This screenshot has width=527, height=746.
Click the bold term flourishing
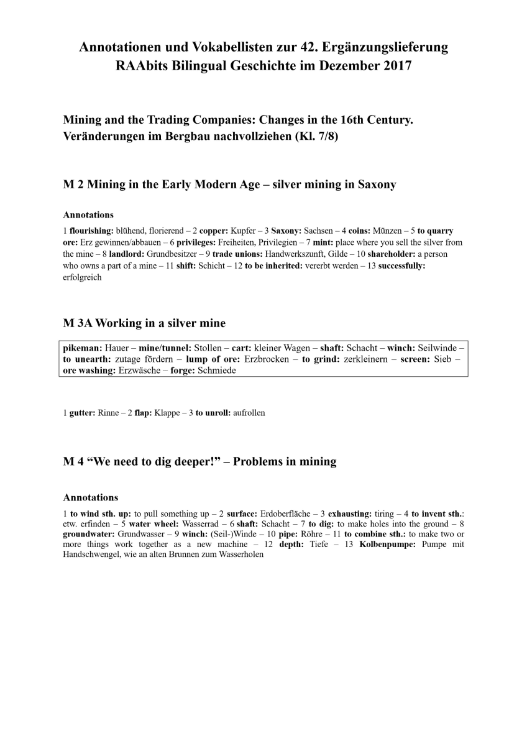click(x=91, y=231)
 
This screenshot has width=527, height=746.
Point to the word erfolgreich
click(x=82, y=278)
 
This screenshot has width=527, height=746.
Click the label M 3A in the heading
click(x=78, y=323)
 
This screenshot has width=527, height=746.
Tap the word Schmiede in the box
click(x=219, y=370)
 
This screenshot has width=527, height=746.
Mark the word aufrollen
click(x=249, y=413)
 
